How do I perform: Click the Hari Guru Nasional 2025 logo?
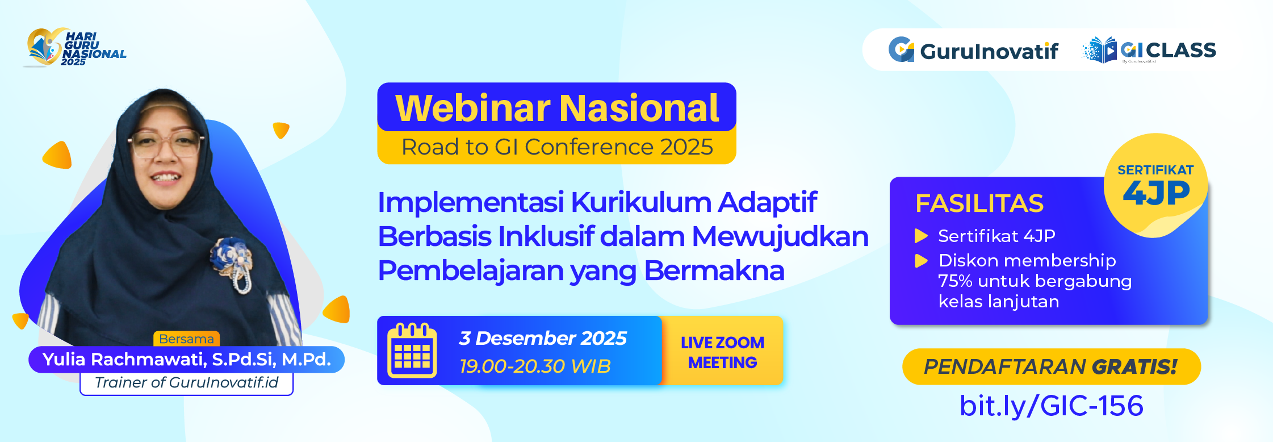76,48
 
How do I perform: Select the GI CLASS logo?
1149,51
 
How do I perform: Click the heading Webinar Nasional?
556,108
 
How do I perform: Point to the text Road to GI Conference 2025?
556,147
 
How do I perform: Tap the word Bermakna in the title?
714,270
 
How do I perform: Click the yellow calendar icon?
412,351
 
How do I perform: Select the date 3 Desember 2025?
542,338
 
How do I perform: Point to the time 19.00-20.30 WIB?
535,366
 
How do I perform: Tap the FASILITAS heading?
979,203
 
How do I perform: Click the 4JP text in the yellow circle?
1156,193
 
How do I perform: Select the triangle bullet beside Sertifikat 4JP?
921,236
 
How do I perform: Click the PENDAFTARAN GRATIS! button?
1051,366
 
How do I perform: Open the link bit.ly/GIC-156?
1051,406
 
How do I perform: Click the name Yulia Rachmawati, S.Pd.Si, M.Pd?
186,360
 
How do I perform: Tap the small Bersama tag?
186,339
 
